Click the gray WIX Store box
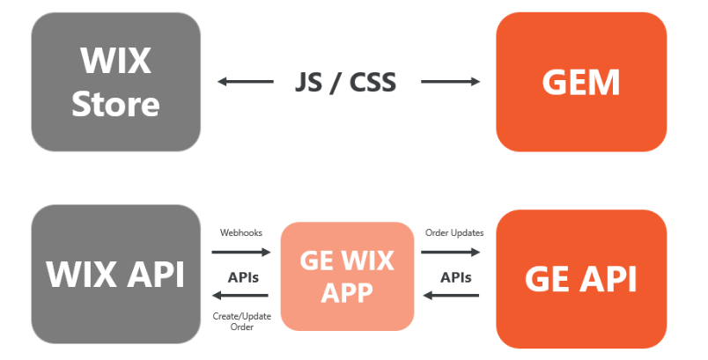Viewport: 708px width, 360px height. pyautogui.click(x=115, y=82)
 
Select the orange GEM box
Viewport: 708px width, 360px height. pyautogui.click(x=580, y=82)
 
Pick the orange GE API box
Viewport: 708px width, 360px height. pyautogui.click(x=580, y=278)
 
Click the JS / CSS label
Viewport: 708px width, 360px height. pyautogui.click(x=345, y=82)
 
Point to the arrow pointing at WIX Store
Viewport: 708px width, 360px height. pyautogui.click(x=246, y=83)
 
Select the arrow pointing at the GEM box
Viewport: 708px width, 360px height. pyautogui.click(x=450, y=83)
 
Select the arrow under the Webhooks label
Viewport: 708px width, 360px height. pyautogui.click(x=241, y=252)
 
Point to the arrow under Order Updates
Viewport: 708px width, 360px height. pyautogui.click(x=450, y=252)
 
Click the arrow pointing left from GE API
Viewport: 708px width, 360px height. pyautogui.click(x=450, y=296)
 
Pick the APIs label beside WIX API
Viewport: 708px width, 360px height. pyautogui.click(x=243, y=276)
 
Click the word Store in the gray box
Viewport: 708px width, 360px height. pyautogui.click(x=115, y=104)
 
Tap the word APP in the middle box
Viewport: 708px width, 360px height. pyautogui.click(x=347, y=291)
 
